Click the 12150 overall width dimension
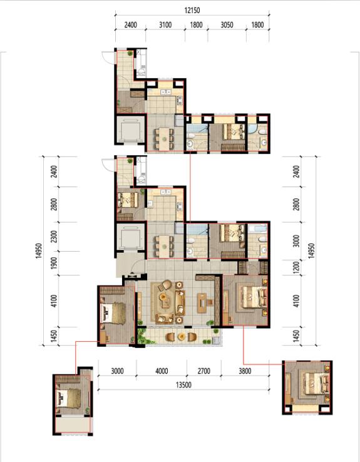click(192, 10)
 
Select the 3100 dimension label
click(165, 25)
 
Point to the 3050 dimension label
click(227, 25)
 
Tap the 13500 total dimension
click(183, 385)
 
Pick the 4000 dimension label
click(162, 371)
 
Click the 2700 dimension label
click(204, 371)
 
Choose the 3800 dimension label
click(245, 371)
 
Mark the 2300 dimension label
click(54, 237)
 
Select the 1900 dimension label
click(54, 263)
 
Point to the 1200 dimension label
click(296, 267)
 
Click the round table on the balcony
click(181, 336)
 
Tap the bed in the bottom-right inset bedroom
click(314, 383)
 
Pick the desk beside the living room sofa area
click(202, 303)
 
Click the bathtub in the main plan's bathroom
click(257, 228)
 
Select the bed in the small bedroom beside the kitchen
click(128, 200)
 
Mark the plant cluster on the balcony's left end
click(143, 336)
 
